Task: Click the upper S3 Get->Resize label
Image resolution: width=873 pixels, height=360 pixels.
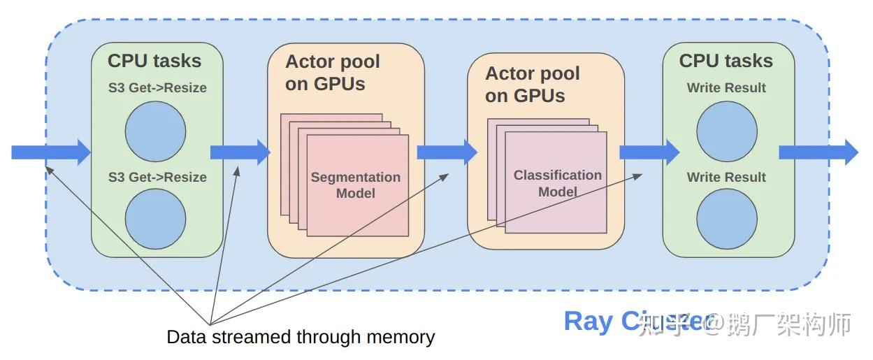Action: click(157, 88)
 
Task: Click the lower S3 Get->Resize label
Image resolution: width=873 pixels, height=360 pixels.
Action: click(157, 177)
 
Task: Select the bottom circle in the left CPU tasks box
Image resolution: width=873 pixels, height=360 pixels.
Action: click(156, 219)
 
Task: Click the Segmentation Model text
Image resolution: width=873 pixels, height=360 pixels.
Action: click(356, 185)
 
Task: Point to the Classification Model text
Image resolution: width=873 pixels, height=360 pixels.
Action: click(557, 183)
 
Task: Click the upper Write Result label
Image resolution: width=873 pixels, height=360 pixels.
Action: click(726, 88)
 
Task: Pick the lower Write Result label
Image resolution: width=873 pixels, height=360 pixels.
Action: click(726, 177)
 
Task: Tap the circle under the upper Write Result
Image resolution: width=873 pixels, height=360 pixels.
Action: click(727, 131)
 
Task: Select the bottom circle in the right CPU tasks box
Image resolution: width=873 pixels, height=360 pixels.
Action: click(727, 219)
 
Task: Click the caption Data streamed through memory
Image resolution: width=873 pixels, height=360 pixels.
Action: click(301, 337)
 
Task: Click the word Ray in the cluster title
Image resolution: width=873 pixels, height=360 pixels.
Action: click(589, 321)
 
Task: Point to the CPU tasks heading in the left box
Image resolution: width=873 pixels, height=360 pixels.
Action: click(154, 61)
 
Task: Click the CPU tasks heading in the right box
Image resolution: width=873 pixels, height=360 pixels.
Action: click(726, 61)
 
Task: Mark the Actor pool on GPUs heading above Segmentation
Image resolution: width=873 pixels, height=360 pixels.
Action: click(333, 73)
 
